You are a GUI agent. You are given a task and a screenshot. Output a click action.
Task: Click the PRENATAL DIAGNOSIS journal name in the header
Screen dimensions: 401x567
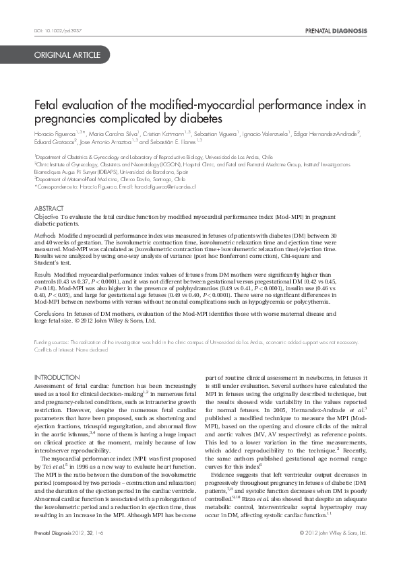(x=336, y=31)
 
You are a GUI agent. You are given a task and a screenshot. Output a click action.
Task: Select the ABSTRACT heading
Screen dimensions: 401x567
(x=49, y=209)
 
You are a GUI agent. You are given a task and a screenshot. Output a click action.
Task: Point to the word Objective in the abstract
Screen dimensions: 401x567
(x=47, y=218)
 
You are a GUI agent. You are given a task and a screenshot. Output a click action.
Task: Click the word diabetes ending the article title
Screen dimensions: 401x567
(x=203, y=119)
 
